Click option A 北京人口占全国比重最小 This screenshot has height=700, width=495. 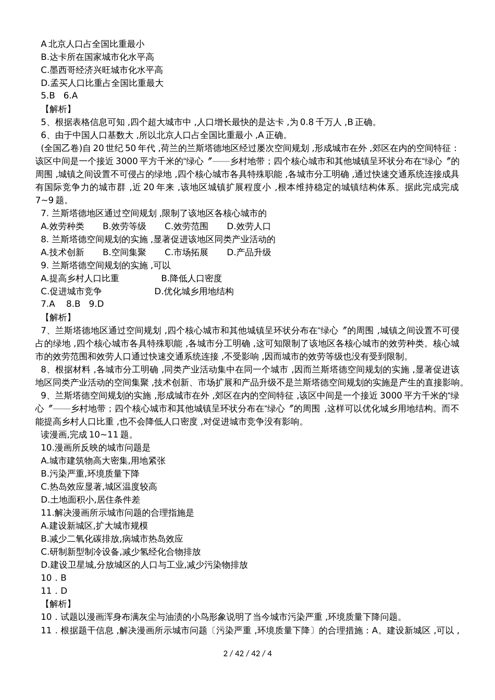[93, 44]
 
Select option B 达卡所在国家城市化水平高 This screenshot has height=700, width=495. [97, 57]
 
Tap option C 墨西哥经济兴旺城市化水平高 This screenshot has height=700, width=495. [102, 70]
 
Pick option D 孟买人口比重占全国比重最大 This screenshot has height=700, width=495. [102, 83]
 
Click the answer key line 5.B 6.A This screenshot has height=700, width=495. [59, 96]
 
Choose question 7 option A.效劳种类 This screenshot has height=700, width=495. [62, 227]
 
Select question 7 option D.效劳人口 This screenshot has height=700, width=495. [249, 227]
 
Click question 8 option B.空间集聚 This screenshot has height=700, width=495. [125, 253]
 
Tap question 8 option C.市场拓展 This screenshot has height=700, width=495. [186, 253]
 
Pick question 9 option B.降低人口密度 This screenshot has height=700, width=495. [191, 279]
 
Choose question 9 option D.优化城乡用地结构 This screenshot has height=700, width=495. [194, 292]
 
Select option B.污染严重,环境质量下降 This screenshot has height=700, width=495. [90, 474]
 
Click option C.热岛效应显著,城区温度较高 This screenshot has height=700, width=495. [98, 487]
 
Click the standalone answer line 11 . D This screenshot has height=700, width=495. [54, 591]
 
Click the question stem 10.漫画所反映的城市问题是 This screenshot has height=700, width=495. [95, 448]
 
